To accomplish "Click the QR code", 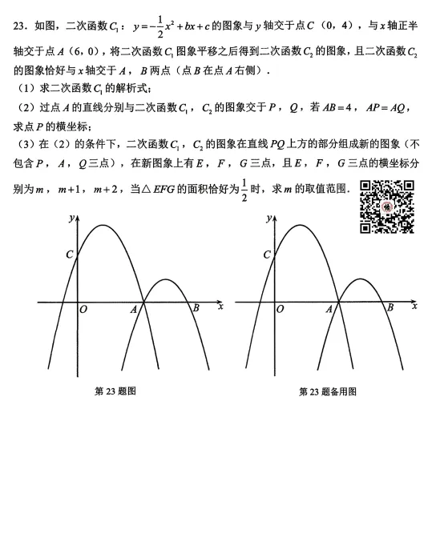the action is click(x=387, y=207).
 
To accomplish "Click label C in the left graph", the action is click(x=70, y=254).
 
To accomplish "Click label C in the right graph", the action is click(x=267, y=254).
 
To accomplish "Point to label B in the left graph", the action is click(x=195, y=307).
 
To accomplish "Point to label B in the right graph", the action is click(x=390, y=307).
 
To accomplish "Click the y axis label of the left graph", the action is click(x=71, y=218).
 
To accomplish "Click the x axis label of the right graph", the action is click(x=415, y=306).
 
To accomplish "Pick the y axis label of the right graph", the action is click(x=268, y=218).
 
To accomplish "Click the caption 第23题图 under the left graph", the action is click(x=115, y=391).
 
